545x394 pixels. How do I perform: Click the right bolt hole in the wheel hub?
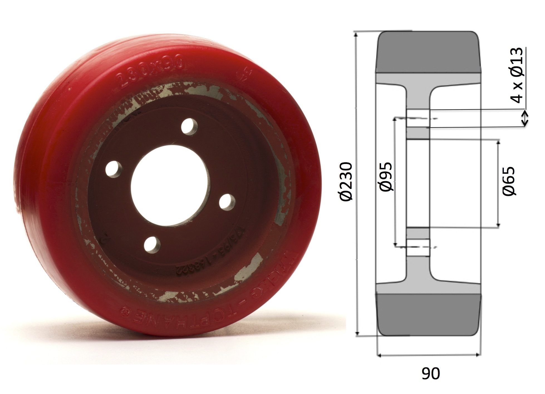(x=227, y=201)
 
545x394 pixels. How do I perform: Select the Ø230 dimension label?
(x=346, y=181)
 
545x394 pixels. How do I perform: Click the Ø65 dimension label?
(x=509, y=181)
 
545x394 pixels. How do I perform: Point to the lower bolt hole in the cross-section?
(x=417, y=248)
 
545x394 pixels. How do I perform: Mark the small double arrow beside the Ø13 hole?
(x=525, y=118)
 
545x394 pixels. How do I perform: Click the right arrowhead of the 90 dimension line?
(x=478, y=355)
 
